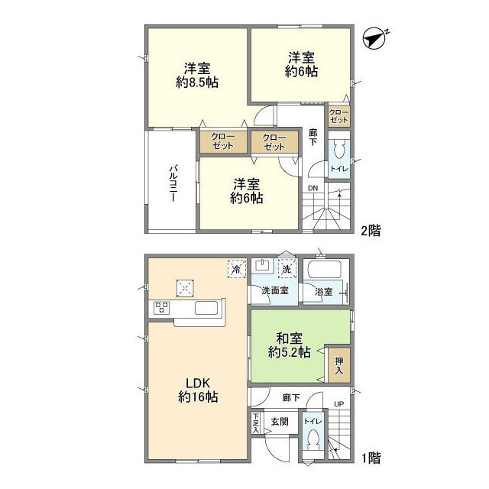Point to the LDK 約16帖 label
(198, 390)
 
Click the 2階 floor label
(371, 228)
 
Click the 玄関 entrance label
(278, 421)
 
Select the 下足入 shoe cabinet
(255, 423)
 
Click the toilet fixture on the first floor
(313, 444)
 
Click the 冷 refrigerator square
(237, 269)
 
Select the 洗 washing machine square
(286, 269)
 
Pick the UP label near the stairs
(339, 405)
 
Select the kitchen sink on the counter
(207, 309)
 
